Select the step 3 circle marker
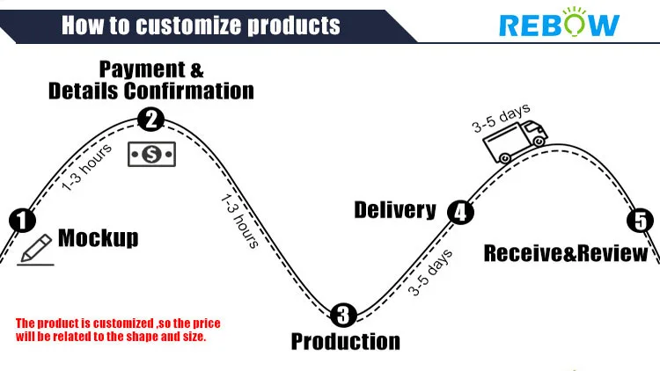coord(344,314)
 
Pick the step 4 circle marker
coord(459,212)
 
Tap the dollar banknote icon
coord(151,155)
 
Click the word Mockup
coord(98,238)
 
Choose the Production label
coord(345,341)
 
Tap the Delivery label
coord(395,210)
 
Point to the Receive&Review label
coord(566,254)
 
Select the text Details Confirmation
coord(151,91)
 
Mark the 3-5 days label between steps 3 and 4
coord(430,273)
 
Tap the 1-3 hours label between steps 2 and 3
coord(238,220)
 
